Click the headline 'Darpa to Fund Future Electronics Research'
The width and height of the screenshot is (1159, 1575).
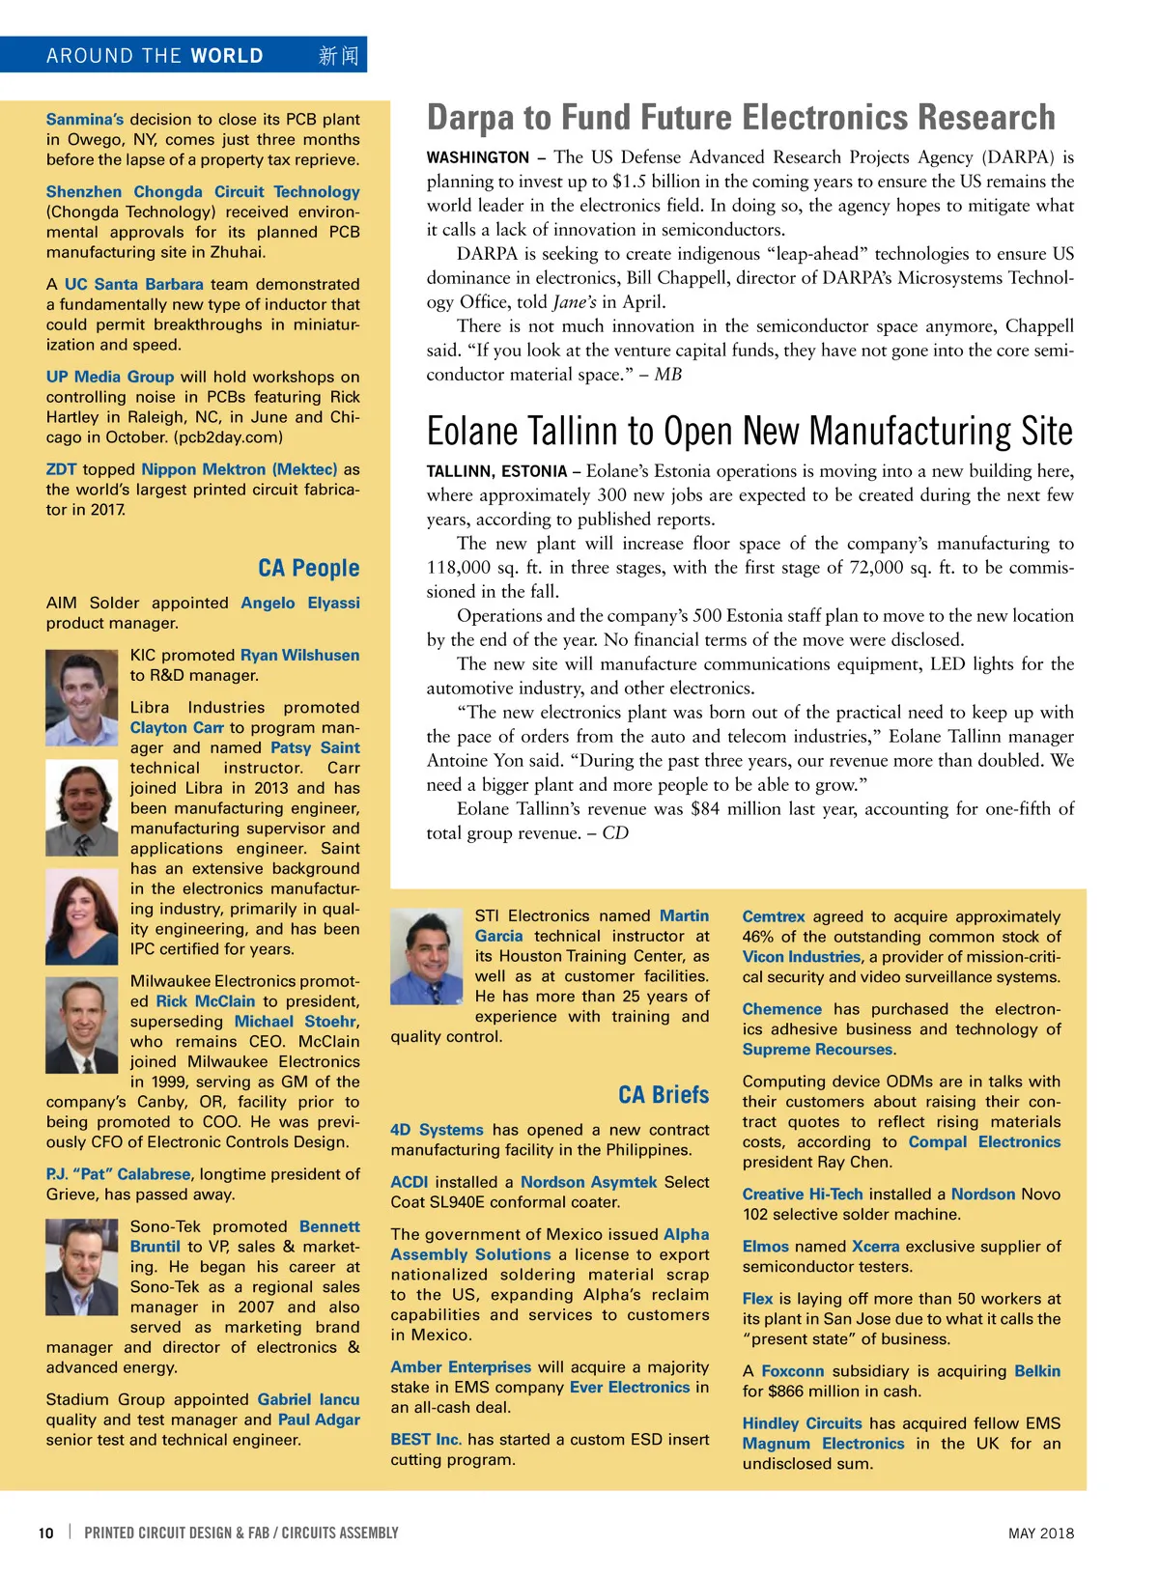(x=741, y=118)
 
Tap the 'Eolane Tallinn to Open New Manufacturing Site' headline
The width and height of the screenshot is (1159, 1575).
(x=749, y=431)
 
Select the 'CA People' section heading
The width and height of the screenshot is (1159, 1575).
(x=308, y=568)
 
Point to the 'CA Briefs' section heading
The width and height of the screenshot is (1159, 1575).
(x=664, y=1095)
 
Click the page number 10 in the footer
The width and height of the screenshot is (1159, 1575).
(x=45, y=1533)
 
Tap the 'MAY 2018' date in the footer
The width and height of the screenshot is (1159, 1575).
(x=1040, y=1533)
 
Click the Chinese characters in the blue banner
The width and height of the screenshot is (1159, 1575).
(x=338, y=56)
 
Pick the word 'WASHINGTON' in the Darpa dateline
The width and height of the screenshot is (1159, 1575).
(x=478, y=157)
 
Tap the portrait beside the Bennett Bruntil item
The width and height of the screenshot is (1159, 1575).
(x=82, y=1267)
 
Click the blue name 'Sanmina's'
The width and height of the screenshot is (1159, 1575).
(x=85, y=120)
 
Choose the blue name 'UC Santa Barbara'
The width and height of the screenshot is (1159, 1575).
(x=133, y=285)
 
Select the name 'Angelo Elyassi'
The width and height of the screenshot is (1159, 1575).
(x=299, y=603)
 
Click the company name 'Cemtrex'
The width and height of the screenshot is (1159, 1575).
(x=773, y=916)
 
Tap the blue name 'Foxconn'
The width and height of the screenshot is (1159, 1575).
(x=792, y=1371)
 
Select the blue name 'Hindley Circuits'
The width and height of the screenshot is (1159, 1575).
(x=802, y=1423)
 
